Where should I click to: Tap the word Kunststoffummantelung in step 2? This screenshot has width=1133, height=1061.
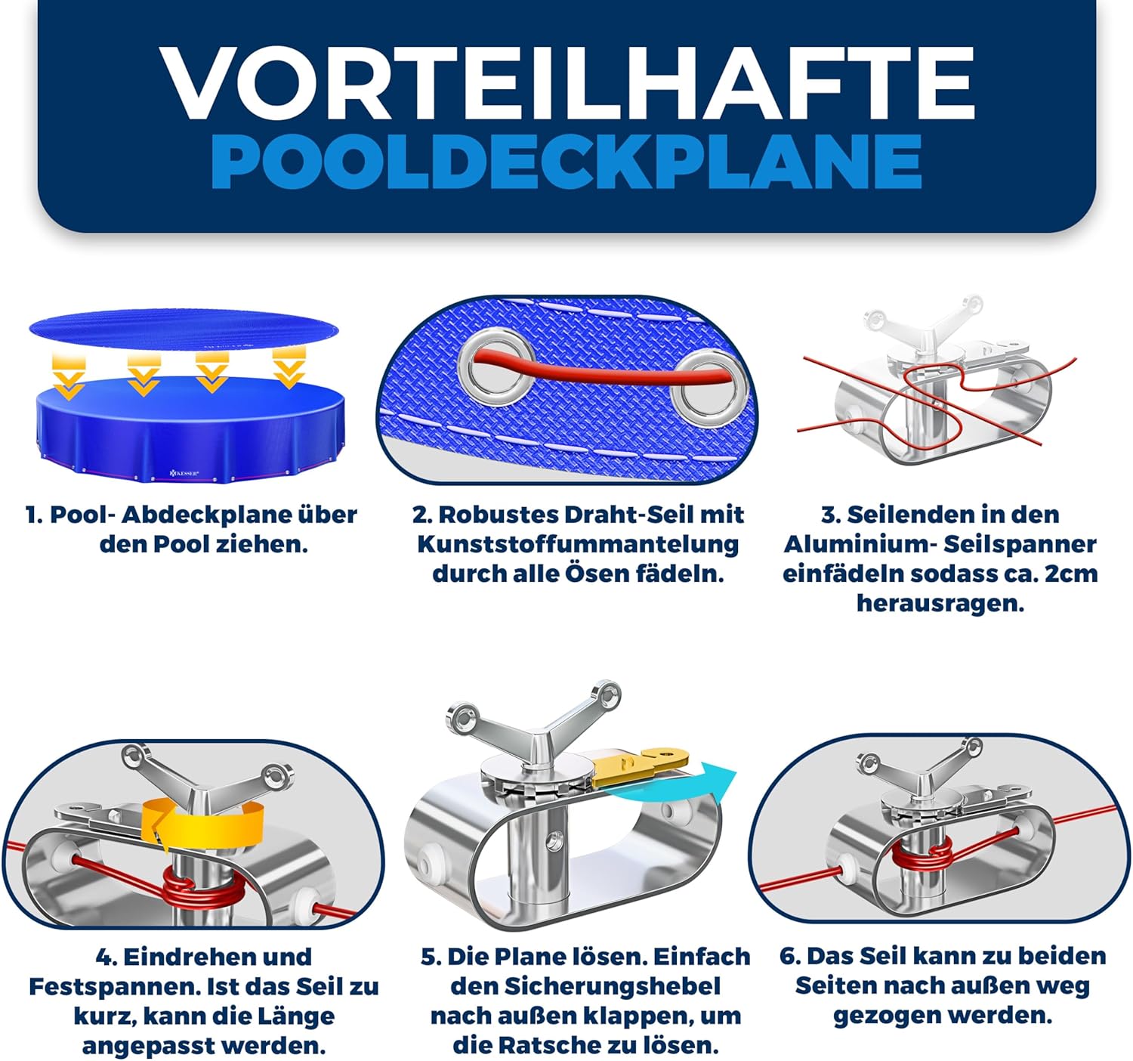pyautogui.click(x=578, y=544)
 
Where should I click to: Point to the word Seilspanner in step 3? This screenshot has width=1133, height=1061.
pyautogui.click(x=1020, y=544)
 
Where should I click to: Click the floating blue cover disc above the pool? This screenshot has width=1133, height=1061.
pyautogui.click(x=184, y=329)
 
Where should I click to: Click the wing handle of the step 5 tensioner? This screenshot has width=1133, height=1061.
pyautogui.click(x=533, y=719)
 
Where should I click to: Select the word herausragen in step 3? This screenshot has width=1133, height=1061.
pyautogui.click(x=940, y=603)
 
